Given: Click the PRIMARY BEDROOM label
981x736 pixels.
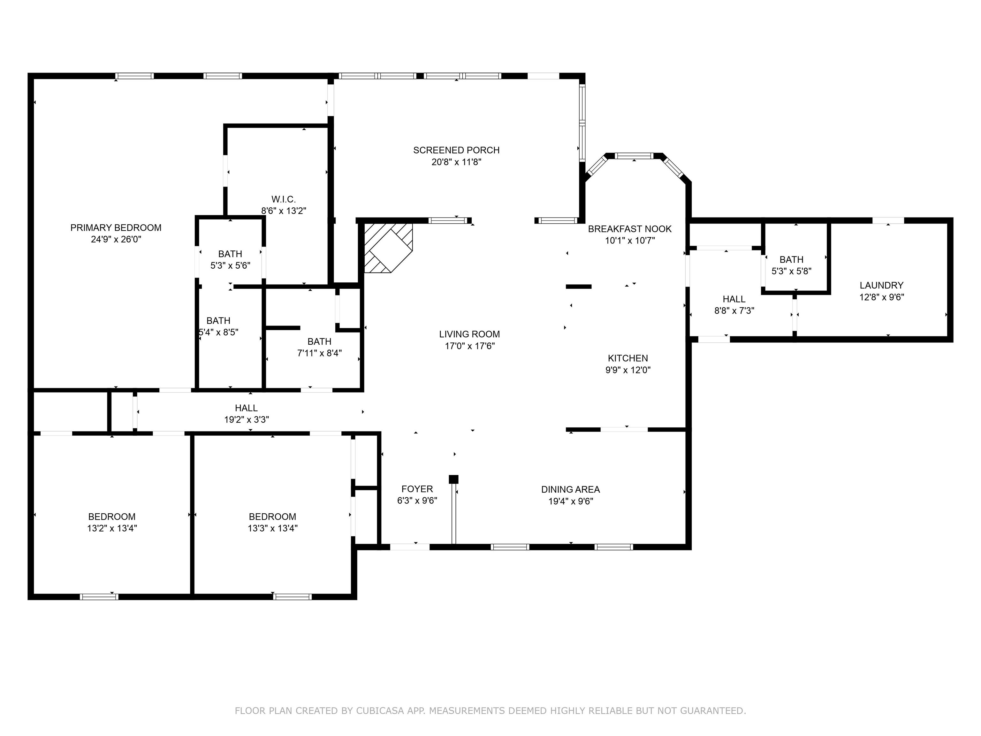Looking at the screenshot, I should coord(116,227).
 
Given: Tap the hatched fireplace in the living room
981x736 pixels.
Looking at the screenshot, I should coord(387,248).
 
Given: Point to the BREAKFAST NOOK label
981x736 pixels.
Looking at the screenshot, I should coord(629,229).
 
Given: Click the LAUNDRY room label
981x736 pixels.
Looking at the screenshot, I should coord(881,285).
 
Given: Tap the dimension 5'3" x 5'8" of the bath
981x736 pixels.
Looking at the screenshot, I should coord(791,271).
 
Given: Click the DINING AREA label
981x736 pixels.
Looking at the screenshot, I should coord(570,489).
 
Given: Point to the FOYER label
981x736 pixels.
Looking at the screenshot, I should coord(417,489).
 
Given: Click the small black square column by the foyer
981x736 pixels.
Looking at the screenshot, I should coord(453,479).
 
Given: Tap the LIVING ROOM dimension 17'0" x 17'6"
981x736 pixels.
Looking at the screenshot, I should coord(470,346).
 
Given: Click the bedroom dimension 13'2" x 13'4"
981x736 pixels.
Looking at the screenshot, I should coord(112,528).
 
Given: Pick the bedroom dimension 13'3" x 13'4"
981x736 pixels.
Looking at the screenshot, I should coord(272,528).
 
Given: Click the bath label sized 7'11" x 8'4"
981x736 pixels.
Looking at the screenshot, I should coord(319,341).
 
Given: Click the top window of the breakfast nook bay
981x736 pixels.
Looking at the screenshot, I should coord(635,156).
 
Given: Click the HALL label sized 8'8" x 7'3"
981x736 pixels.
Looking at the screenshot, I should coord(734,299).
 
